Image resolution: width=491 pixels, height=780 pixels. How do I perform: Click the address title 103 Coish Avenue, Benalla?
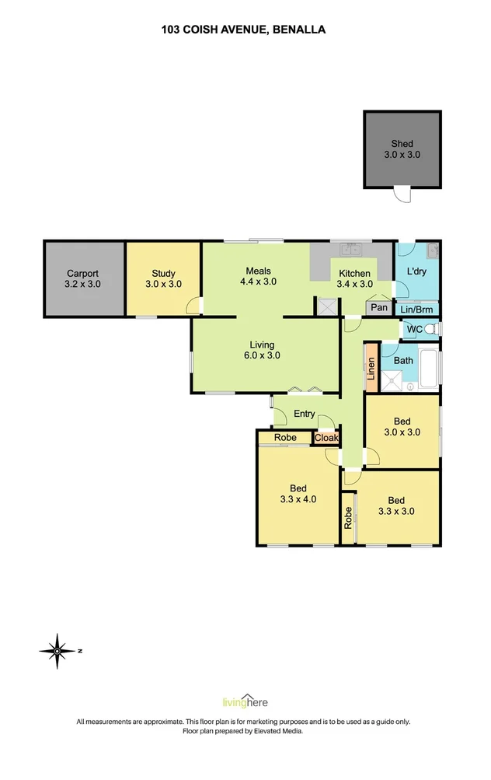tap(243, 30)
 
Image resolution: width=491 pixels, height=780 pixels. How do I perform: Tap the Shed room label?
tap(402, 149)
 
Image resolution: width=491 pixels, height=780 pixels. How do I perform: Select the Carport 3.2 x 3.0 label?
tap(82, 278)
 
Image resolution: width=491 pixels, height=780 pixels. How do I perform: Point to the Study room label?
tap(163, 278)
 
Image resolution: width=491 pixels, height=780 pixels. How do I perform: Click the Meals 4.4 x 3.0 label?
tap(258, 276)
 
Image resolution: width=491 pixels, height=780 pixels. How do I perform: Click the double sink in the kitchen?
tap(350, 250)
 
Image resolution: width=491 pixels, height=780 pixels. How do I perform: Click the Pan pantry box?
tap(379, 308)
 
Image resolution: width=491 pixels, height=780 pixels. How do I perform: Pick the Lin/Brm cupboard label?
tap(418, 309)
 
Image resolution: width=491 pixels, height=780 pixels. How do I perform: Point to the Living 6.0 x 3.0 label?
tap(262, 350)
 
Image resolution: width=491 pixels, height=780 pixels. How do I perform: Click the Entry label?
tap(304, 414)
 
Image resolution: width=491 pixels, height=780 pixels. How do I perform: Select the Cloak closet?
tap(326, 439)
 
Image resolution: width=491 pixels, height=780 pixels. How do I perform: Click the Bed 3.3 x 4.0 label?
tap(298, 494)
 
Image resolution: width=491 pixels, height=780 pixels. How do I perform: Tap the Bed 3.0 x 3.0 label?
tap(402, 426)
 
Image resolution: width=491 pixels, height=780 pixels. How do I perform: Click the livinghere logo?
tap(245, 701)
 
